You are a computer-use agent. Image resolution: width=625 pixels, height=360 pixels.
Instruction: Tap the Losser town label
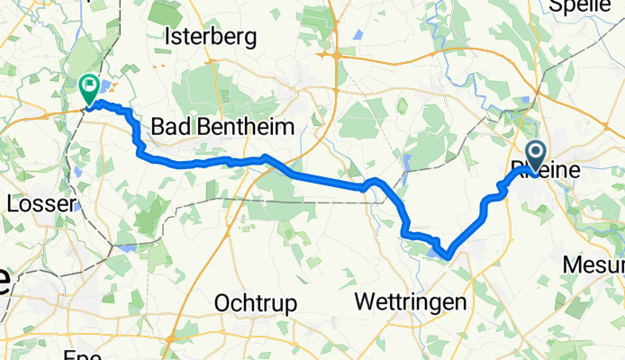click(x=39, y=204)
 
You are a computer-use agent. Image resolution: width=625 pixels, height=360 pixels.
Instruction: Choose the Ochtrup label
click(x=256, y=304)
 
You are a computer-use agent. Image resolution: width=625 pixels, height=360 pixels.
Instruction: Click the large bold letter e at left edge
click(x=5, y=282)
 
